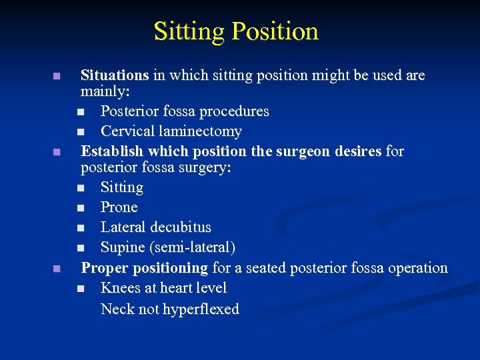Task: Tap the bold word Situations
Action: (115, 75)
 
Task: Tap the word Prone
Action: (119, 207)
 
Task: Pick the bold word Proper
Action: (105, 268)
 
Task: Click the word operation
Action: (416, 268)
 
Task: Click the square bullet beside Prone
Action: (81, 208)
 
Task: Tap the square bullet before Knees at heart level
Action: (81, 289)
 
